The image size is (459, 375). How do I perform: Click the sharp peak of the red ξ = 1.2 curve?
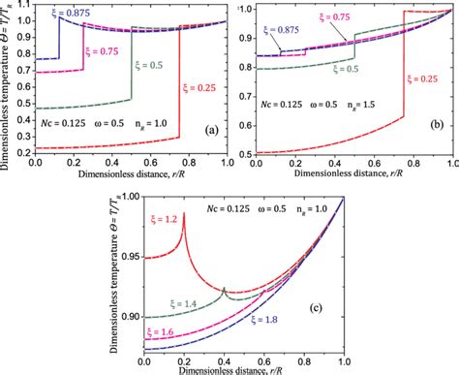point(184,212)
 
